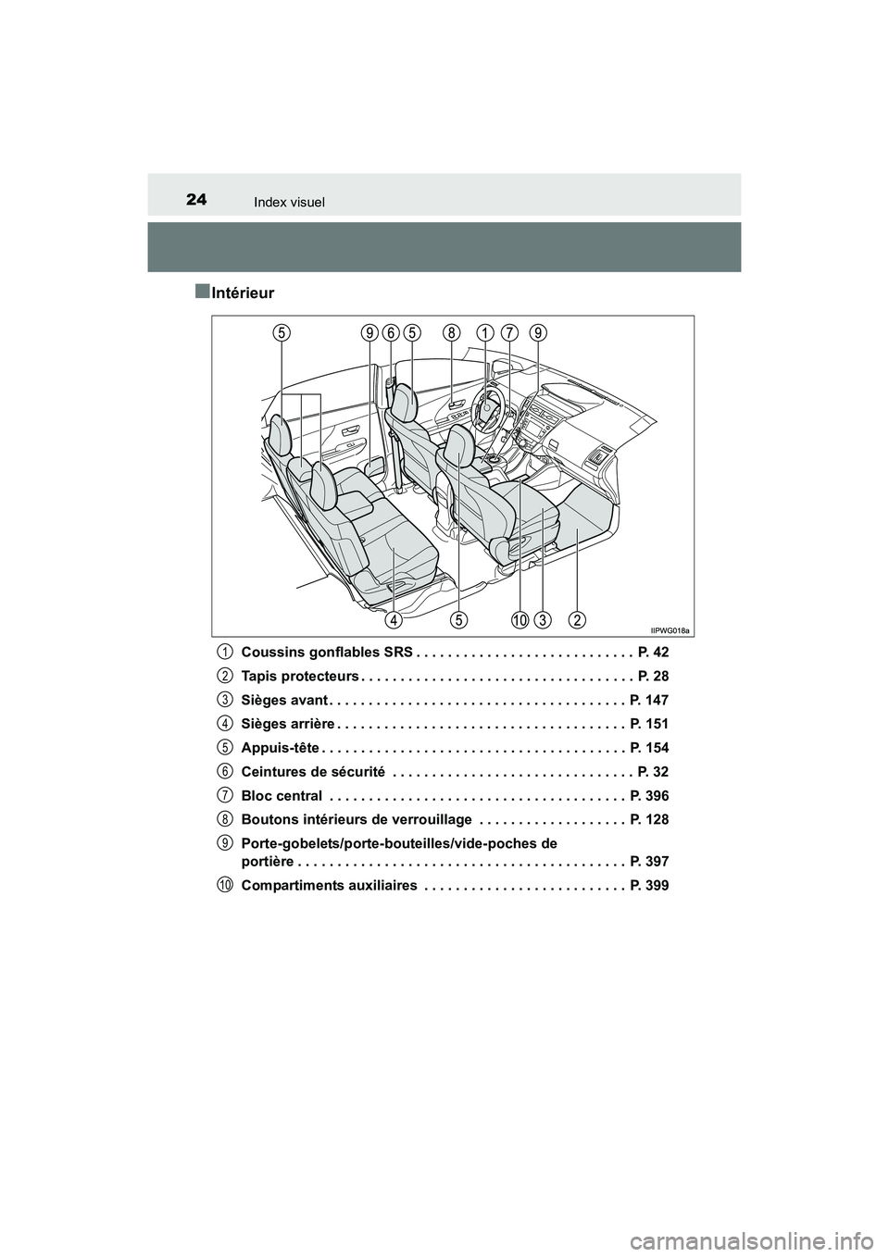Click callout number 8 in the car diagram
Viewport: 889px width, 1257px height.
pyautogui.click(x=451, y=332)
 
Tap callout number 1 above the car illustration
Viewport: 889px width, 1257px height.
pyautogui.click(x=483, y=332)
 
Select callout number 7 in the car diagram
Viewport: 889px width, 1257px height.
pyautogui.click(x=510, y=332)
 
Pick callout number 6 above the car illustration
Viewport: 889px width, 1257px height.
pyautogui.click(x=391, y=332)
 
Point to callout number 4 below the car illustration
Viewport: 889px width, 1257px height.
pyautogui.click(x=394, y=617)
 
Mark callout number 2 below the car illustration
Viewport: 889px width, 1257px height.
pyautogui.click(x=577, y=617)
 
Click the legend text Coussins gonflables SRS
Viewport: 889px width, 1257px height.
pyautogui.click(x=319, y=652)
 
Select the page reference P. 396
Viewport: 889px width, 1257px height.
pyautogui.click(x=648, y=796)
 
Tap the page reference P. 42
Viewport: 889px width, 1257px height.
pyautogui.click(x=653, y=652)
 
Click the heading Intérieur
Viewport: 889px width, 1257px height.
pyautogui.click(x=242, y=293)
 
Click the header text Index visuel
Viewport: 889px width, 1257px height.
pyautogui.click(x=291, y=201)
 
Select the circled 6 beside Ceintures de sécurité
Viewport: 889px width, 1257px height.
pyautogui.click(x=226, y=771)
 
